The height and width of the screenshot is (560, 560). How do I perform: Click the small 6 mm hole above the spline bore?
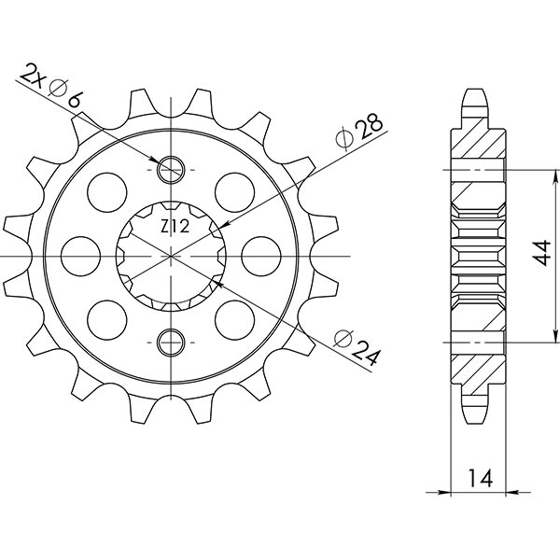coord(172,170)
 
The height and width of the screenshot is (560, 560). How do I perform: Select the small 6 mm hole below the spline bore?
coord(172,343)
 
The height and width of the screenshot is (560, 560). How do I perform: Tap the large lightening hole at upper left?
coord(107,191)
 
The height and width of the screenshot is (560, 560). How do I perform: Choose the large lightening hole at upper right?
coord(234,191)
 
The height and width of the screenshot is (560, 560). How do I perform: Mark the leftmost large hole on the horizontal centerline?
coord(81,255)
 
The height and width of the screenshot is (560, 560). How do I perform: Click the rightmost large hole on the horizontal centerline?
coord(260,255)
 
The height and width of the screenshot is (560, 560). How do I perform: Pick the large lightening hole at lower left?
coord(107,319)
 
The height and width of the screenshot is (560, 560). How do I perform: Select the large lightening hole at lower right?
coord(234,319)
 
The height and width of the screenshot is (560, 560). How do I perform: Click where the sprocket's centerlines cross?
coord(172,256)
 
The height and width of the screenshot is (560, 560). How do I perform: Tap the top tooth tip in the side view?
coord(476,94)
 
